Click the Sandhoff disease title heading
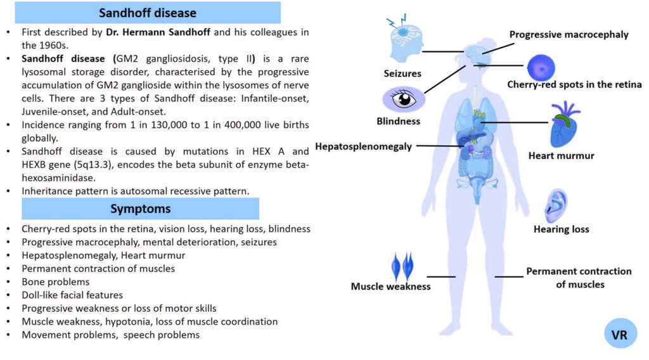coord(148,13)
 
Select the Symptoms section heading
coord(140,209)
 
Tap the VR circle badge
coord(619,334)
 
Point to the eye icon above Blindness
coord(403,99)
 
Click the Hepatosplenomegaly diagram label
coord(363,146)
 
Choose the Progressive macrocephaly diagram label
coord(569,35)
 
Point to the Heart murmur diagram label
coord(562,155)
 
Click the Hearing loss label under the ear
coord(561,229)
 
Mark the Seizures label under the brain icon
coord(402,74)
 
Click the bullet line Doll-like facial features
coord(72,295)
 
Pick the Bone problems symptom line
coord(56,281)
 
